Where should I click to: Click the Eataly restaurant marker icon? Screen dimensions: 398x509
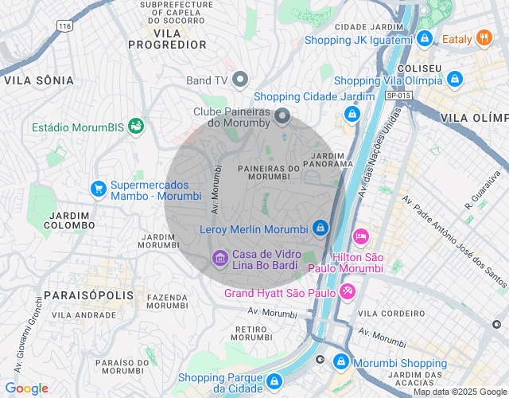click(484, 38)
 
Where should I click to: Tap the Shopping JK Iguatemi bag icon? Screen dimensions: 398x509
click(425, 38)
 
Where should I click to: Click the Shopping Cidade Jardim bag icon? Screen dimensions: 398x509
click(352, 114)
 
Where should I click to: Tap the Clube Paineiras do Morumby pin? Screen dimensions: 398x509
click(282, 118)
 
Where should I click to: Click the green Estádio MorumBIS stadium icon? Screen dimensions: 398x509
click(136, 126)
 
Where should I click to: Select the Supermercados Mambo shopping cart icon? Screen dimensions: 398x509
click(99, 188)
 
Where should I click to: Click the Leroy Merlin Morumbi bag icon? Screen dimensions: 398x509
click(320, 228)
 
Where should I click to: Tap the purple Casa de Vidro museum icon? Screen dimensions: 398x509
click(220, 259)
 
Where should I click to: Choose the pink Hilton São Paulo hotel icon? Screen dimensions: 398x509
click(360, 236)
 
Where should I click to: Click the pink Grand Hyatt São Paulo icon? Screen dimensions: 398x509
click(347, 292)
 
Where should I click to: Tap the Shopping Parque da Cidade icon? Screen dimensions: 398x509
click(274, 381)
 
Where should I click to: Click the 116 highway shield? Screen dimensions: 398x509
click(65, 26)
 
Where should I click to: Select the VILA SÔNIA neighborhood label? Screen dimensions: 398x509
click(38, 80)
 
